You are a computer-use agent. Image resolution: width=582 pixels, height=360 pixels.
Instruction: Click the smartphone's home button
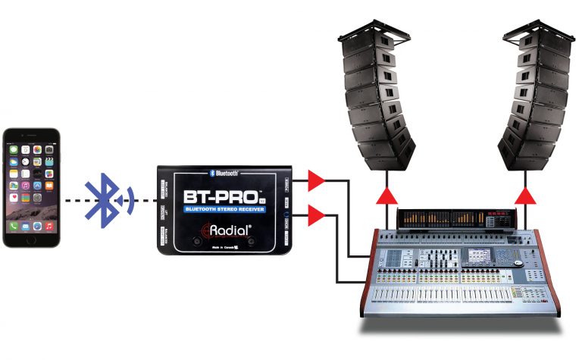coord(31,239)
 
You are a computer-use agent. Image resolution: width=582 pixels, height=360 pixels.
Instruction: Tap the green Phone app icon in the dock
coord(14,226)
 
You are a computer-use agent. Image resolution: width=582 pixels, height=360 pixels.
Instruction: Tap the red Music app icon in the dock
coord(48,226)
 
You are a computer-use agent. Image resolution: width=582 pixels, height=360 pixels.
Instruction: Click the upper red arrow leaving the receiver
coord(315,181)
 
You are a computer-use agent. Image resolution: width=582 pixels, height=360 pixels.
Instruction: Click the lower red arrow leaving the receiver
coord(315,218)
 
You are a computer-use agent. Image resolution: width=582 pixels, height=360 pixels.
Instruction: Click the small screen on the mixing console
coord(480,257)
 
